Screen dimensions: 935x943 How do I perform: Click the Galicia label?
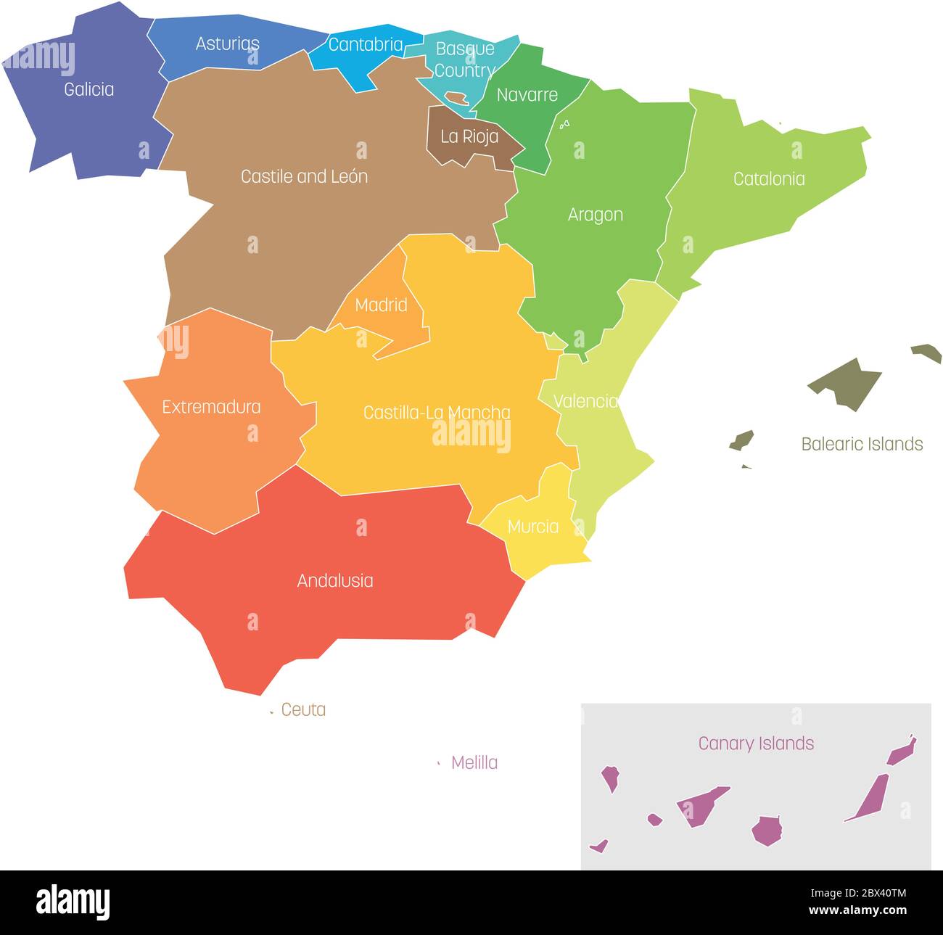[x=88, y=89]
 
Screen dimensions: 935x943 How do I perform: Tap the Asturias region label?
[x=227, y=44]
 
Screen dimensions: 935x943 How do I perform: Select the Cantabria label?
[x=366, y=44]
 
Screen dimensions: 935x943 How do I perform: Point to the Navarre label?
[x=527, y=95]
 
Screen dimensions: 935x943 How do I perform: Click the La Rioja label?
[x=469, y=136]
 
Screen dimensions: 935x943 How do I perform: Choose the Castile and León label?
[x=304, y=176]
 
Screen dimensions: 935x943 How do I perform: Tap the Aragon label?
[x=595, y=215]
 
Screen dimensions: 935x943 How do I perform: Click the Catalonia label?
[x=769, y=179]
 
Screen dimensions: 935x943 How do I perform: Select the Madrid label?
[x=381, y=305]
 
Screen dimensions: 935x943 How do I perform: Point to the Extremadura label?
[x=211, y=407]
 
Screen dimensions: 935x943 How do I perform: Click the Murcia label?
[x=533, y=527]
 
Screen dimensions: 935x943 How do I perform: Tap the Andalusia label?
[x=335, y=581]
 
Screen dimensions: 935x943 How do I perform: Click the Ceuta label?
[x=303, y=709]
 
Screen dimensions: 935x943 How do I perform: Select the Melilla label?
[x=474, y=762]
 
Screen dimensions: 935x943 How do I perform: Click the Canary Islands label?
[x=756, y=744]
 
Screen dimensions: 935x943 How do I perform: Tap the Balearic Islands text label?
[x=862, y=444]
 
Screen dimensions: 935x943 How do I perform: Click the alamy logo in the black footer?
[x=73, y=902]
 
